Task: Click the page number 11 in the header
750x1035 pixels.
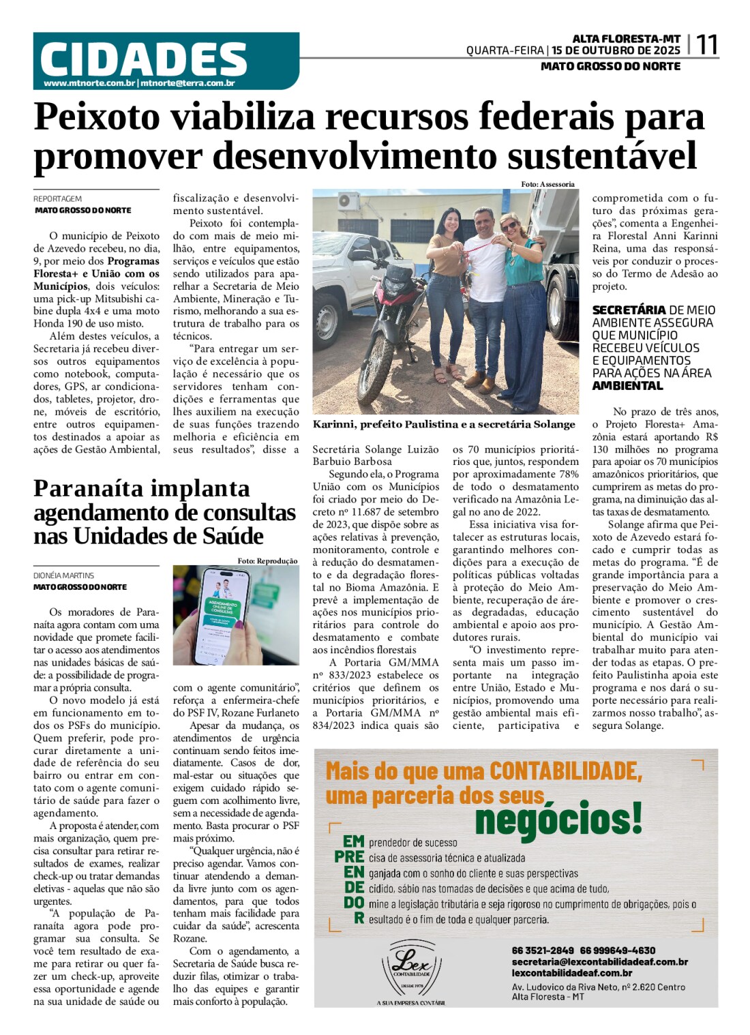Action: pyautogui.click(x=706, y=45)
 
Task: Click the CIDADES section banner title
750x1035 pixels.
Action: pyautogui.click(x=143, y=59)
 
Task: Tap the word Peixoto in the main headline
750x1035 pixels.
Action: pyautogui.click(x=96, y=117)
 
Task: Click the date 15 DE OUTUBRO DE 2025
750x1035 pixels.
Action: pyautogui.click(x=616, y=50)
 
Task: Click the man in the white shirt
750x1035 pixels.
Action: pyautogui.click(x=485, y=286)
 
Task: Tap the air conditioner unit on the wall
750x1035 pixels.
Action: pyautogui.click(x=348, y=201)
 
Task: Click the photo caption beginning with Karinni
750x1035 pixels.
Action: pyautogui.click(x=444, y=424)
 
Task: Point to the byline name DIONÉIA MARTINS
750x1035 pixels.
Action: pyautogui.click(x=64, y=575)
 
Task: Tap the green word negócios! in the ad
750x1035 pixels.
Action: pyautogui.click(x=558, y=819)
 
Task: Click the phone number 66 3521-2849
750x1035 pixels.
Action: pyautogui.click(x=543, y=950)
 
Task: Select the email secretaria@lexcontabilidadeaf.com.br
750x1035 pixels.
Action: pyautogui.click(x=599, y=961)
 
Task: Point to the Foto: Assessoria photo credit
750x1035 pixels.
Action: pyautogui.click(x=547, y=184)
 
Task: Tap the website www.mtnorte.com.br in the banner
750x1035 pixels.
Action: pyautogui.click(x=89, y=83)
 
